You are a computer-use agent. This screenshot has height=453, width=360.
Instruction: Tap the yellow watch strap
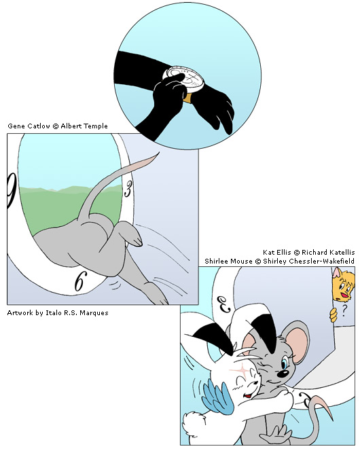(x=187, y=98)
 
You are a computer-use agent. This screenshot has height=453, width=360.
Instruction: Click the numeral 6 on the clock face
(x=80, y=281)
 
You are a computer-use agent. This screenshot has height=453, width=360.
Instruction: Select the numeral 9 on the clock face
(x=12, y=190)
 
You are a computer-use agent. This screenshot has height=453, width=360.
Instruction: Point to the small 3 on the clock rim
(x=128, y=190)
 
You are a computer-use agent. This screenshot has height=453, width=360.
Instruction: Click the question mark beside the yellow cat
(x=344, y=311)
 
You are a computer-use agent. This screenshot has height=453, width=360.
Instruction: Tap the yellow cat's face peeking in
(x=342, y=286)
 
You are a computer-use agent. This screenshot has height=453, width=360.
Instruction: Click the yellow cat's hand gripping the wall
(x=334, y=315)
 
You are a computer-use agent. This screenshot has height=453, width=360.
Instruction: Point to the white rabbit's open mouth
(x=247, y=395)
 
